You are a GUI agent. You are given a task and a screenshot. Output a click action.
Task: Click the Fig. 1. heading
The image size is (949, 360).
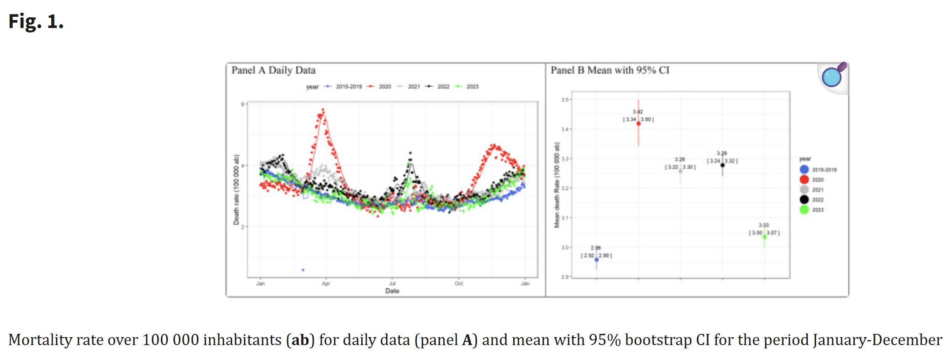[36, 21]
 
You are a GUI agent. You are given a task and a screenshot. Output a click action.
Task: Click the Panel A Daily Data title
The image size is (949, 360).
[274, 70]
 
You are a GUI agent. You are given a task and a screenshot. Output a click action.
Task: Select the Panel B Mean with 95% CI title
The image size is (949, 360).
[610, 70]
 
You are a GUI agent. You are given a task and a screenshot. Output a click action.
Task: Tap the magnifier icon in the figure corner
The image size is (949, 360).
[832, 76]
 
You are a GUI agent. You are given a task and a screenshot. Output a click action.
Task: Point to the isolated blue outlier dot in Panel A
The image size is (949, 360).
[303, 270]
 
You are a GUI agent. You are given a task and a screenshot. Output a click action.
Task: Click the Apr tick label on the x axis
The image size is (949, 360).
[326, 284]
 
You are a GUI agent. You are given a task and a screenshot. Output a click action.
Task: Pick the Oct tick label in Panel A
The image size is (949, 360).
[459, 284]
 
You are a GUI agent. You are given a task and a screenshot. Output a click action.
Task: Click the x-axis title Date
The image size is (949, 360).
[392, 291]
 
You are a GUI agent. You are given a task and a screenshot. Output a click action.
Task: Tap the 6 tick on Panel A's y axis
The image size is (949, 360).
[242, 104]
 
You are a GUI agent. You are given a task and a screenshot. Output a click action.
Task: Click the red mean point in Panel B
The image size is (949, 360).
[639, 124]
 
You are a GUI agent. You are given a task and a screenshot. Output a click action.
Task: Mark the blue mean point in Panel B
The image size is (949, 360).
[597, 260]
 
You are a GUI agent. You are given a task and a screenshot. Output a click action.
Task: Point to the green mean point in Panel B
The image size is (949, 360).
[764, 237]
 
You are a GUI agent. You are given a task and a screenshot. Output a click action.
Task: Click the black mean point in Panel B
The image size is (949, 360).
[722, 165]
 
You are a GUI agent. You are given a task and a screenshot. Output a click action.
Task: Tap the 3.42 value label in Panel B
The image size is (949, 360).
[638, 112]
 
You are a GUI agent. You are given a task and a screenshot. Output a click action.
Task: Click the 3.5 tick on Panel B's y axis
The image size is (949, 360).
[565, 100]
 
